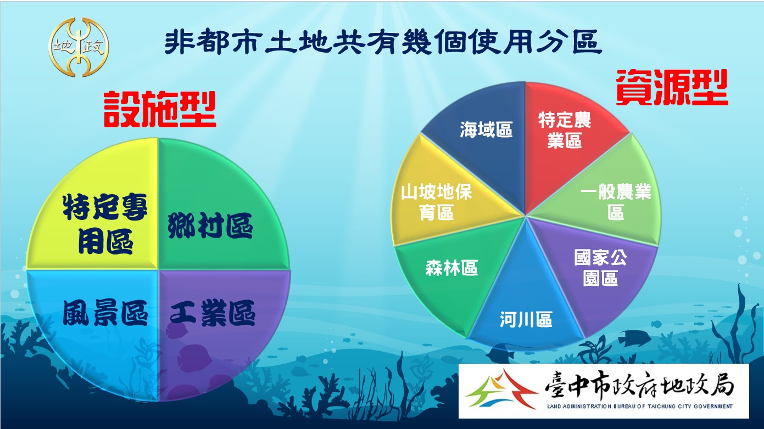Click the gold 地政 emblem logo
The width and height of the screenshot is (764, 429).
[x=79, y=47]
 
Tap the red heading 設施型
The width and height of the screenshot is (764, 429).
[x=160, y=109]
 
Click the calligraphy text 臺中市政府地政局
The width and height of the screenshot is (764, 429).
[x=640, y=387]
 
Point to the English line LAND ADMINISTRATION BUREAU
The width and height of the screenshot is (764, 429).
[x=640, y=406]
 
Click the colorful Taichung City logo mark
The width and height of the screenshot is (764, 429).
[x=501, y=389]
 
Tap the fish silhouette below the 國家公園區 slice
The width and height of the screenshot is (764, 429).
[x=635, y=337]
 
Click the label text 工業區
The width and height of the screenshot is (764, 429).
[x=213, y=313]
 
